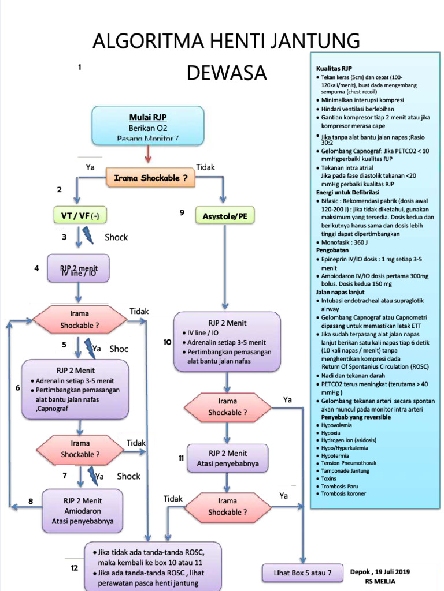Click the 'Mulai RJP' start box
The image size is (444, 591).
point(148,125)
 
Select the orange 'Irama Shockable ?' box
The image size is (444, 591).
point(150,178)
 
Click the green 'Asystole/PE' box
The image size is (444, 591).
point(224,216)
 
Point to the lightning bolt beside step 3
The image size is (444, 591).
point(90,236)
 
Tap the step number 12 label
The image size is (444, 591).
point(74,568)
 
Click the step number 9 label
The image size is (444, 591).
point(182,212)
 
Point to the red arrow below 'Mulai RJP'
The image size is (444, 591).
point(148,154)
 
